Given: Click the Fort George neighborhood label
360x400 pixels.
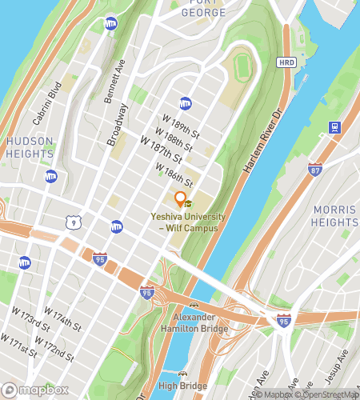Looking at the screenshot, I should (203, 7).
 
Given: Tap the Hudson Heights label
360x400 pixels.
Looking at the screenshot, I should (30, 147).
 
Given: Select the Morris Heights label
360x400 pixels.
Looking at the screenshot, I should (334, 216).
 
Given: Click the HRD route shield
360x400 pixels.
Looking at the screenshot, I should (286, 62).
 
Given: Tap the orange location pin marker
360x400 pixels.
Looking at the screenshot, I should (181, 199).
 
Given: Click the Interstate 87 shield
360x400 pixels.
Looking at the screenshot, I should (314, 169).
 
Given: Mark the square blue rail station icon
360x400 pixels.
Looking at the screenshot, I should (334, 126).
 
